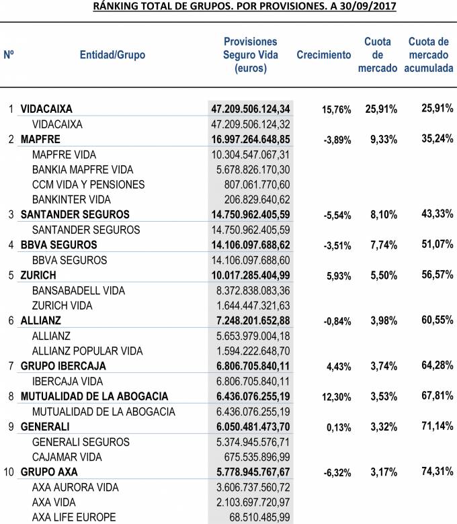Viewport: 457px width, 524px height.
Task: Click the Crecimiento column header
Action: [323, 55]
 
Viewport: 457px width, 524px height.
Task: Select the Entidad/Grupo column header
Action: [112, 55]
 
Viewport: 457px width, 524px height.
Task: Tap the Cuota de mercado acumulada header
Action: [429, 55]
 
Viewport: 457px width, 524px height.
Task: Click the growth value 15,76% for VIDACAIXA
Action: [337, 110]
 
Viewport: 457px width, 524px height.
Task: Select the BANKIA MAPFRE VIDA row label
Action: [83, 169]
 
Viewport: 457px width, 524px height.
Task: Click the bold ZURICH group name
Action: [38, 275]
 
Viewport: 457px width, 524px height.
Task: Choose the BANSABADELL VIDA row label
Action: [79, 290]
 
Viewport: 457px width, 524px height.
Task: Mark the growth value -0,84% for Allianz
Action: [337, 321]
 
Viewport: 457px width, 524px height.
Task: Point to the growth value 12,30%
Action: [337, 397]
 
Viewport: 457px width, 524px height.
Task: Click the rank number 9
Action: [10, 427]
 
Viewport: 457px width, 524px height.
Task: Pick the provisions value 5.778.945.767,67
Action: [250, 472]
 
